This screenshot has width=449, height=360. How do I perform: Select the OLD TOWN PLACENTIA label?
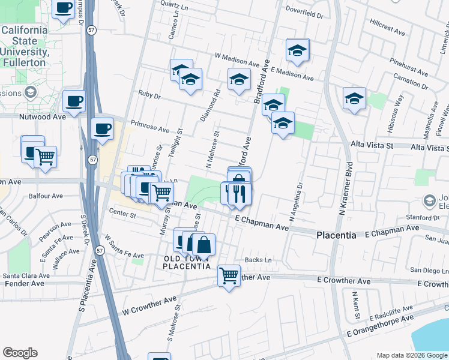click(x=187, y=262)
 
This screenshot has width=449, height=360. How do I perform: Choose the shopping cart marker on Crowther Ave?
click(x=229, y=275)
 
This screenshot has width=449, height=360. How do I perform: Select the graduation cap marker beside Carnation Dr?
click(x=354, y=98)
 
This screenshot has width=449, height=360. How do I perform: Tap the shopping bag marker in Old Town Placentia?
click(x=203, y=244)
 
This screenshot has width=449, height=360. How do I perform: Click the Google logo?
click(x=20, y=353)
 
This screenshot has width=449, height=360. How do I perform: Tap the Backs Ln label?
click(x=258, y=260)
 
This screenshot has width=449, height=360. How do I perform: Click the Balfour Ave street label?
click(x=48, y=196)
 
